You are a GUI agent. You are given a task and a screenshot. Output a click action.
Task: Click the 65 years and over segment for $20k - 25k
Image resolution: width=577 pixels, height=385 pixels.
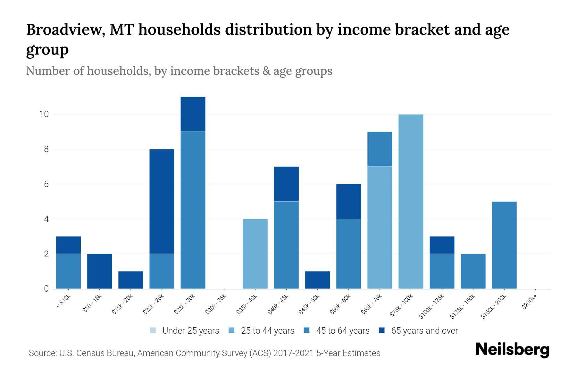[162, 201]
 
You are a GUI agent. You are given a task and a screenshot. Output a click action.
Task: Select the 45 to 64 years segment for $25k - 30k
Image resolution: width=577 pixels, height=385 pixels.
[193, 210]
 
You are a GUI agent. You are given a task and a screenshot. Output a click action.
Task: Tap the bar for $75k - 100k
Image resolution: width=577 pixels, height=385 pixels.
[411, 201]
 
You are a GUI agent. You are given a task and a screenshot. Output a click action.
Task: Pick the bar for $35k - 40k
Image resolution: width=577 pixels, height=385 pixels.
[255, 254]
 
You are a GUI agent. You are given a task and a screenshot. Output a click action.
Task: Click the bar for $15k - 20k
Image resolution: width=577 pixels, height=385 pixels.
[131, 280]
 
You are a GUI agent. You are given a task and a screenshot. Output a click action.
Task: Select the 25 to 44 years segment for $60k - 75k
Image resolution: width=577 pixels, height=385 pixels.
[380, 227]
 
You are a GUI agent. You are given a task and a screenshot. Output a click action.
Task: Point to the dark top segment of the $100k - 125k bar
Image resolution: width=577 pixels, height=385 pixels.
[442, 245]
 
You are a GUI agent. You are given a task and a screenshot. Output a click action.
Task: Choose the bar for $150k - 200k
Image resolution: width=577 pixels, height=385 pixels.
[504, 245]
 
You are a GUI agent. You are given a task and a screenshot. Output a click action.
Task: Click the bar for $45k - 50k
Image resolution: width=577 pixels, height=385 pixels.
[317, 280]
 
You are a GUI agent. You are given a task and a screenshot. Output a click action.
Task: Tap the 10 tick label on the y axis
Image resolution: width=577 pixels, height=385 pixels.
[44, 114]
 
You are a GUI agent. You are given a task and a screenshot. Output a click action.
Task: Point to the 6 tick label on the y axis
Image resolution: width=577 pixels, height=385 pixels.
[46, 184]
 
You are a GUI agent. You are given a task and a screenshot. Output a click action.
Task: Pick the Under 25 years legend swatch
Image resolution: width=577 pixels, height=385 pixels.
[153, 330]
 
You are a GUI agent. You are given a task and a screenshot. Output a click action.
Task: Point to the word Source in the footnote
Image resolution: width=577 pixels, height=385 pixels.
[42, 353]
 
